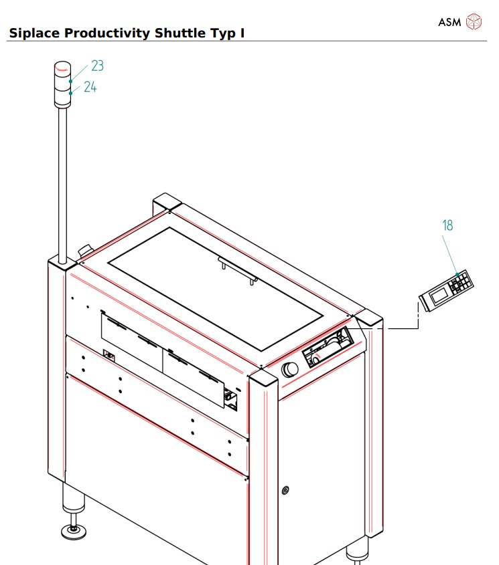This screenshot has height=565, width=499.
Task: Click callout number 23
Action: [x=98, y=66]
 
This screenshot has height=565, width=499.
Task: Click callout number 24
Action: [x=90, y=87]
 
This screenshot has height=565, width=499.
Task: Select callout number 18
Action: [x=447, y=225]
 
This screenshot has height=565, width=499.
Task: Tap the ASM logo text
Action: [x=449, y=22]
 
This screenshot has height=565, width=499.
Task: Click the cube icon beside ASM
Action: [x=474, y=21]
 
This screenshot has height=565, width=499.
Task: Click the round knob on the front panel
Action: [x=290, y=369]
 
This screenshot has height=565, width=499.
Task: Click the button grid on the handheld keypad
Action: [x=461, y=283]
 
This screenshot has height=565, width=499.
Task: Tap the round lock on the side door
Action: [x=286, y=491]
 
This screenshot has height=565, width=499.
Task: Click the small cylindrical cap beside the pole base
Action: [x=86, y=250]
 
